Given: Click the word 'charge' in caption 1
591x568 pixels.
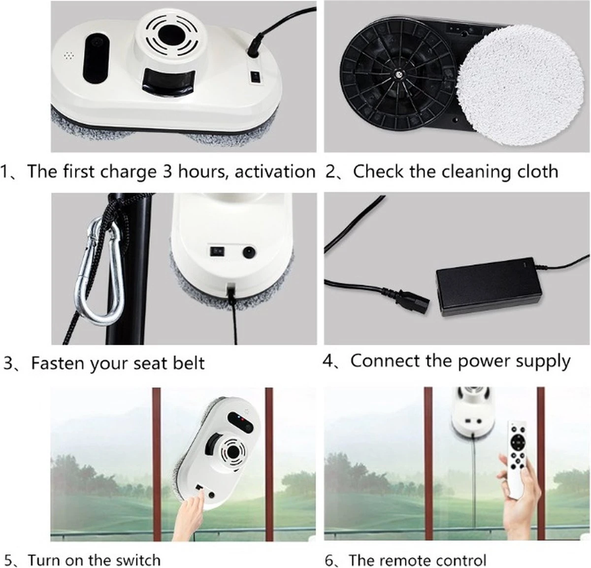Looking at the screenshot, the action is coord(128,172).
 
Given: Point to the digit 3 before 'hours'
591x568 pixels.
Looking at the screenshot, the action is coord(167,171).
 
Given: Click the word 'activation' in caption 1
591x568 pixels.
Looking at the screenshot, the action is coord(275,171).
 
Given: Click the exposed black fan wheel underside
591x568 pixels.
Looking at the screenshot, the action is coord(397,74).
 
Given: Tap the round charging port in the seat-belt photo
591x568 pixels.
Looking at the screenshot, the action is coord(249,252).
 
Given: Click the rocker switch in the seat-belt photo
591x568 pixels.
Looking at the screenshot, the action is coord(217,251).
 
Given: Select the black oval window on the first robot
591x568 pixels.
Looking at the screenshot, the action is coord(96,59).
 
